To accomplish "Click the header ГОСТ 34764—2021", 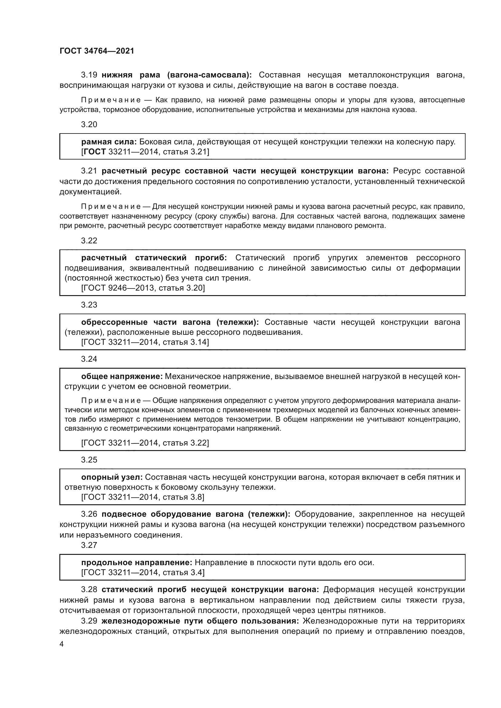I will (x=97, y=51).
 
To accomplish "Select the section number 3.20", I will (x=89, y=125).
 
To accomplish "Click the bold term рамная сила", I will (x=109, y=142).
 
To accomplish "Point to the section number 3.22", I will (x=89, y=241).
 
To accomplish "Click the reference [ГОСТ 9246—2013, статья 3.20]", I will (x=143, y=288).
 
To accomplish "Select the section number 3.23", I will (x=89, y=305).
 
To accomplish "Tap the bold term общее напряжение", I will (x=122, y=377).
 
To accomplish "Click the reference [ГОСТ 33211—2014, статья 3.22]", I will (x=145, y=443).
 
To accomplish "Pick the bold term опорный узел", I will (x=112, y=477).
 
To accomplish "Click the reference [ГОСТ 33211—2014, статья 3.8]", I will (x=143, y=497).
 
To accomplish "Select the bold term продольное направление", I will (x=137, y=563).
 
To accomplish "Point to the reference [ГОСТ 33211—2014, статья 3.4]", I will (x=143, y=573).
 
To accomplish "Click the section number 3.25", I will (x=89, y=460).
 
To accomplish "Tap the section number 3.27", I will (x=89, y=545).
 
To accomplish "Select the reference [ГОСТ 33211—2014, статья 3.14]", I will (x=145, y=342).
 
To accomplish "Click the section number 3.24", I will (x=89, y=359).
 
